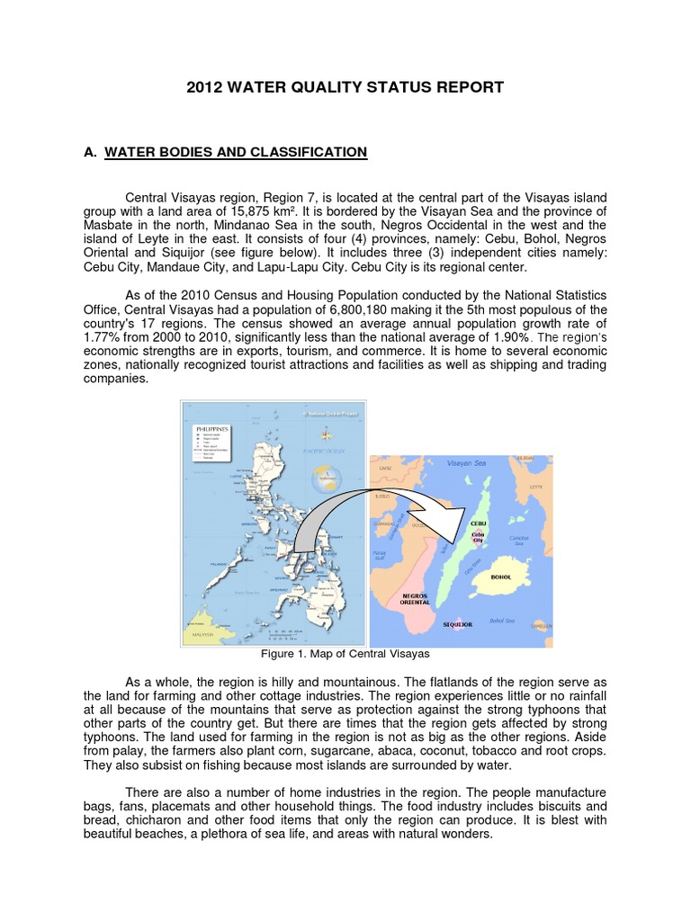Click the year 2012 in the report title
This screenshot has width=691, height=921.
[x=204, y=87]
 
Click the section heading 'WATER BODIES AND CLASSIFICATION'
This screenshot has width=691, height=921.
[x=236, y=152]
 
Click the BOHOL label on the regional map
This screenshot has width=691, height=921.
[x=501, y=577]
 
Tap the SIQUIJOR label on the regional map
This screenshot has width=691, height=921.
[x=458, y=623]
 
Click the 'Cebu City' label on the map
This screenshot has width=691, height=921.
[x=478, y=537]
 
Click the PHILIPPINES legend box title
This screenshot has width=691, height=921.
[x=213, y=431]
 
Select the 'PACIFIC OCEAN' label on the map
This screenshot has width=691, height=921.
[x=319, y=449]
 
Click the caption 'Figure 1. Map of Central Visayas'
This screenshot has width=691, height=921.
[x=345, y=653]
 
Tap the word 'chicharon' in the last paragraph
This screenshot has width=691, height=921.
[x=160, y=820]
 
